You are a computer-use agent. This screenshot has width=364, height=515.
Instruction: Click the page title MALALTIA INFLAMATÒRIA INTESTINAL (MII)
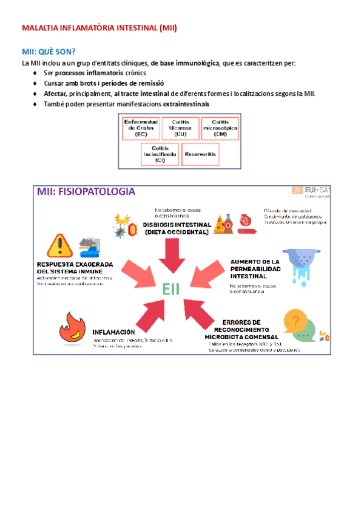coord(99,28)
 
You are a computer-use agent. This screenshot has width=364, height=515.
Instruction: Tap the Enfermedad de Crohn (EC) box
coord(141,128)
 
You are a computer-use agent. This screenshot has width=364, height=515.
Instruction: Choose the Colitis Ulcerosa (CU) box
coord(180,128)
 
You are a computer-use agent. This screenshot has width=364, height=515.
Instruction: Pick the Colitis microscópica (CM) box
coord(220,128)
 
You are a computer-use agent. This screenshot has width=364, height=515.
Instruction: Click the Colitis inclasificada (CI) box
coord(160,154)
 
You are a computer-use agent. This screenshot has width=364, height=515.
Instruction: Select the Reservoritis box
coord(200,154)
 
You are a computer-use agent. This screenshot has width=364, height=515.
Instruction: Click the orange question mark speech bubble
coord(295,321)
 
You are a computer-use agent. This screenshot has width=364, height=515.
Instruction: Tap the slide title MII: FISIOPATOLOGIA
coord(86,192)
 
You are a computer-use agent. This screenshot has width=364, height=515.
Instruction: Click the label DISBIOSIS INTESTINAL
coord(176,223)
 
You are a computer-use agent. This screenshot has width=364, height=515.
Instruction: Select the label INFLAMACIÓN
coord(113,332)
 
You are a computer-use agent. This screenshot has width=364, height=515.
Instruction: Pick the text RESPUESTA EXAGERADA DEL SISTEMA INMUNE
coord(73,268)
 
